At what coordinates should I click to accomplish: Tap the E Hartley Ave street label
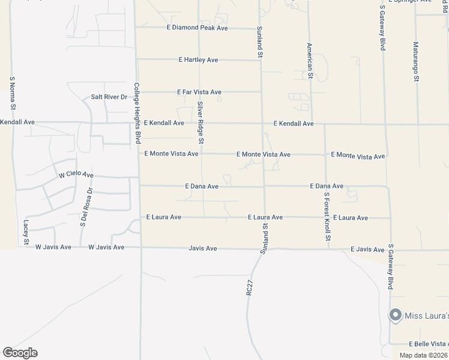(198, 60)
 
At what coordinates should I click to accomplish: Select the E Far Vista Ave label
(199, 92)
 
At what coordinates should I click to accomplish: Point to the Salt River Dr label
(109, 97)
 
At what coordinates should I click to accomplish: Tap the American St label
(310, 61)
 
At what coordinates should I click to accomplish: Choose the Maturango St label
(415, 62)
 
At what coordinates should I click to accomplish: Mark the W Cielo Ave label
(76, 175)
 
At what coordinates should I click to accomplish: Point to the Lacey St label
(26, 232)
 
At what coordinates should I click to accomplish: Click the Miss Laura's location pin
(395, 314)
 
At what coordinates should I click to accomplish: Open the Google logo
(20, 353)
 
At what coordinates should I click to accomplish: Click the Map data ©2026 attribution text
(423, 355)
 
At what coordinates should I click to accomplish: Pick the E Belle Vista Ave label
(429, 344)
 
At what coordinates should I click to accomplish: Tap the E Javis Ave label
(367, 250)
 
